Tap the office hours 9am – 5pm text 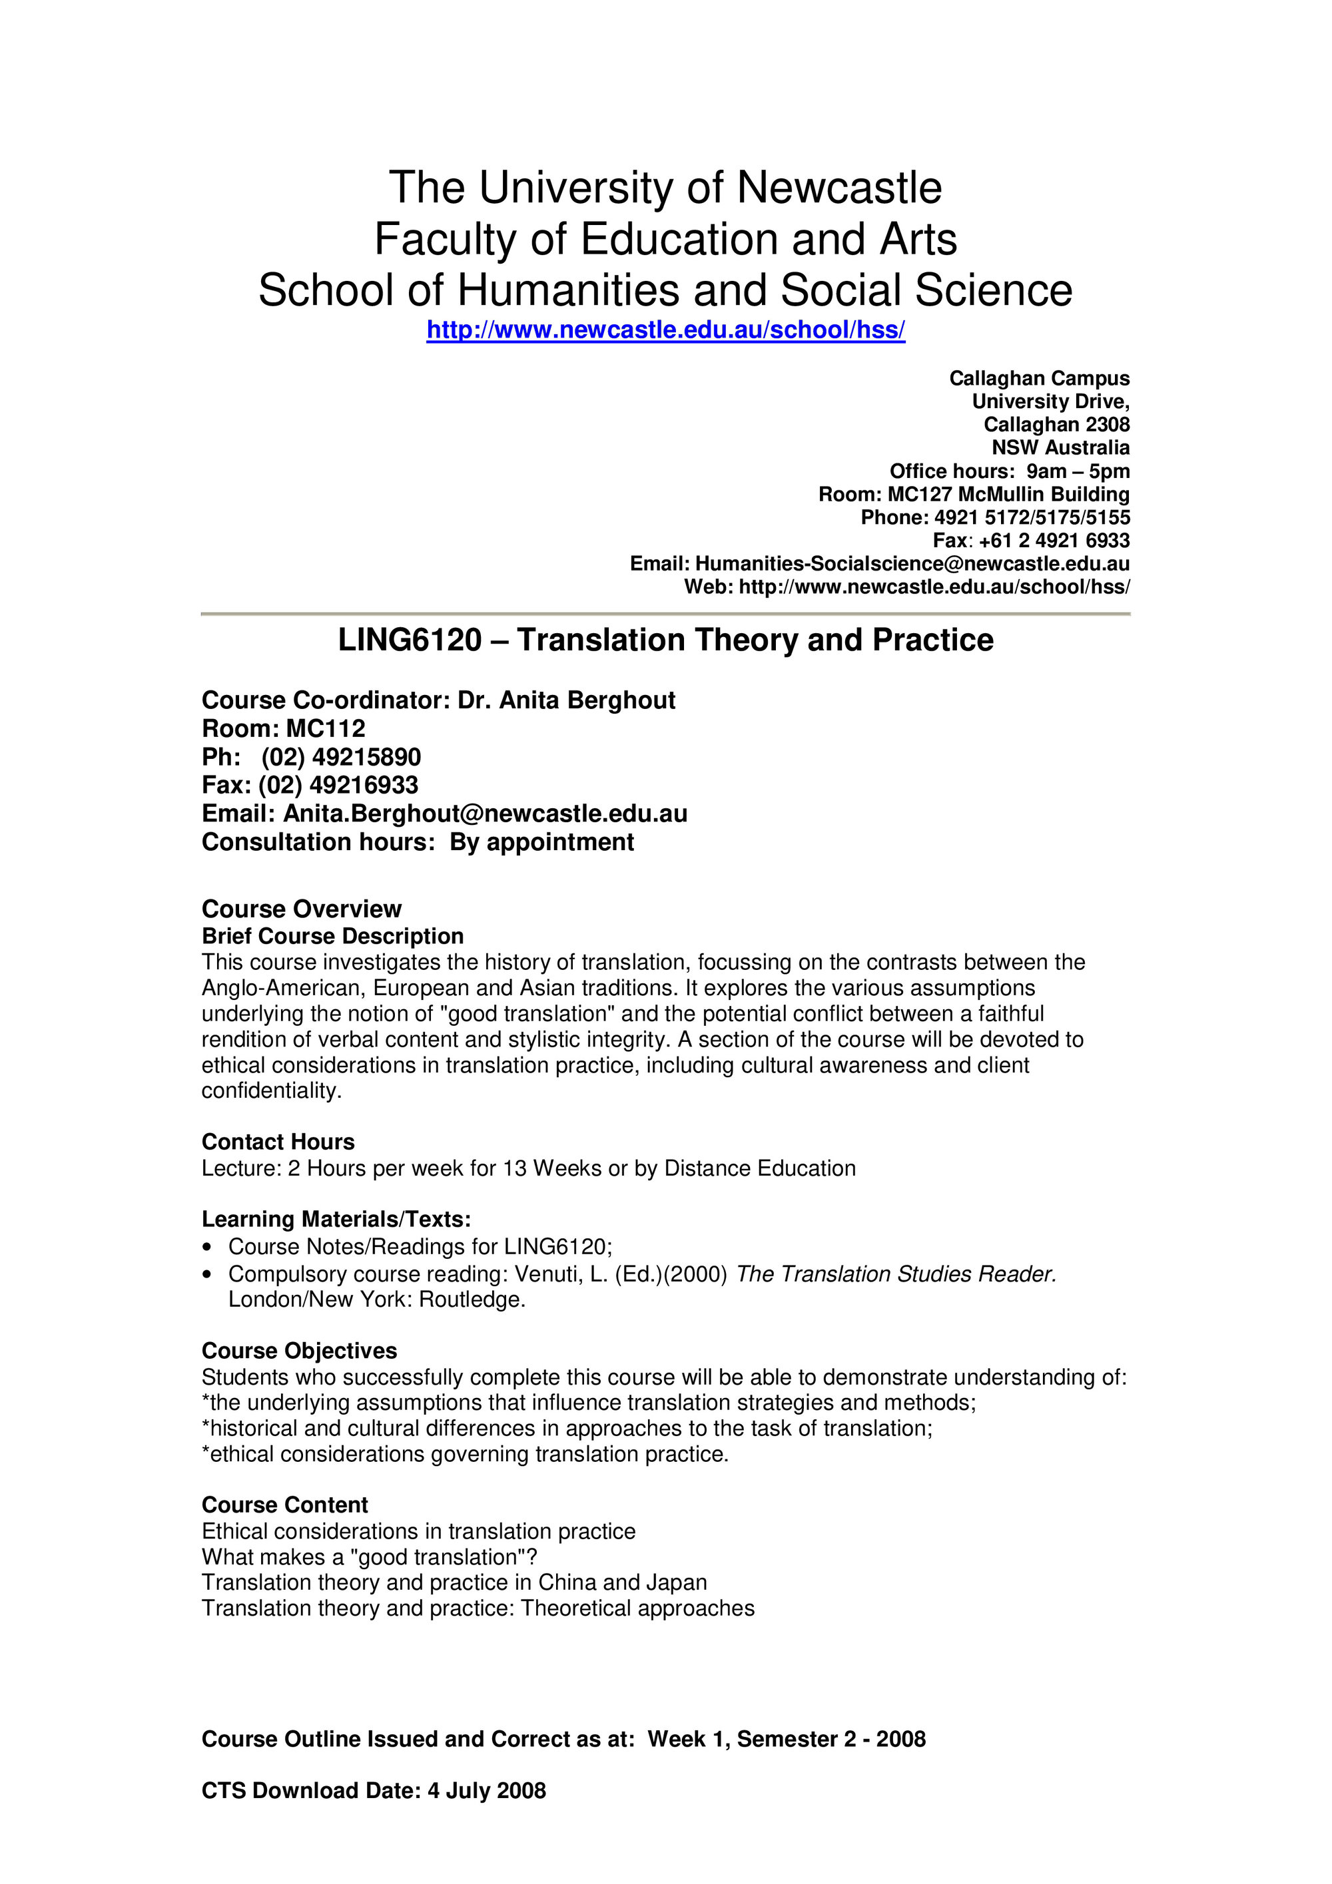(1078, 471)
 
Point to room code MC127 (919, 494)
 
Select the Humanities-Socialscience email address (912, 564)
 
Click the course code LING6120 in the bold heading (410, 640)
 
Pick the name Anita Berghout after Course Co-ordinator (587, 700)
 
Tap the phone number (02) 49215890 (340, 756)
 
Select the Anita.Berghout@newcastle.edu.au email (485, 813)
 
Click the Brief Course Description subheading (332, 936)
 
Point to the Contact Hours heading (278, 1142)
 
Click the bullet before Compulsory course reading (208, 1274)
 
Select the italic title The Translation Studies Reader (895, 1274)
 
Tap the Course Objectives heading (299, 1351)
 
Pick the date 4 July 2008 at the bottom (486, 1790)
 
